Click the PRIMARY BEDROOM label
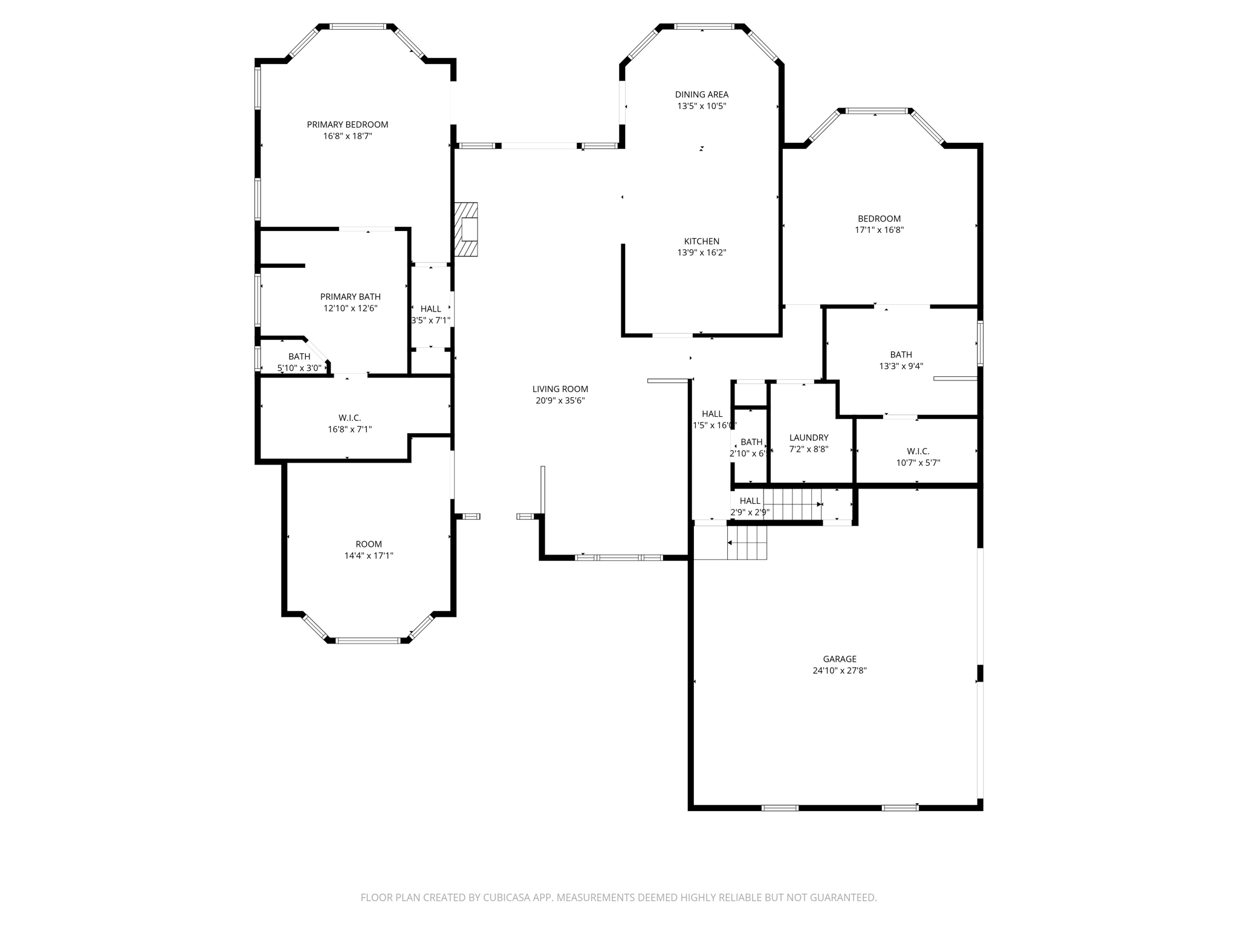click(x=347, y=125)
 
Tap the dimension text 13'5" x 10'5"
click(x=701, y=106)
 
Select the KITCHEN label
click(x=701, y=241)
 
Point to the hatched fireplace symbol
click(x=467, y=229)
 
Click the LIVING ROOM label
click(x=560, y=389)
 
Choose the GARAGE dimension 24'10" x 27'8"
click(x=839, y=670)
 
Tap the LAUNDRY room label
click(x=808, y=437)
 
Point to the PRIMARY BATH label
click(x=350, y=296)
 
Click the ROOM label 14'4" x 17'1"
click(x=368, y=544)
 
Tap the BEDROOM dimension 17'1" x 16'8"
click(x=879, y=230)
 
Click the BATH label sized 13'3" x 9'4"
click(x=901, y=354)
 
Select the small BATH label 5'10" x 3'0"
click(x=299, y=356)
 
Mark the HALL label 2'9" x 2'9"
click(x=750, y=501)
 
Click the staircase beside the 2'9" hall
click(x=792, y=504)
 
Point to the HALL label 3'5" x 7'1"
click(x=430, y=308)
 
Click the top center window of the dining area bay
click(x=704, y=27)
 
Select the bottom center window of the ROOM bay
click(x=368, y=640)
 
